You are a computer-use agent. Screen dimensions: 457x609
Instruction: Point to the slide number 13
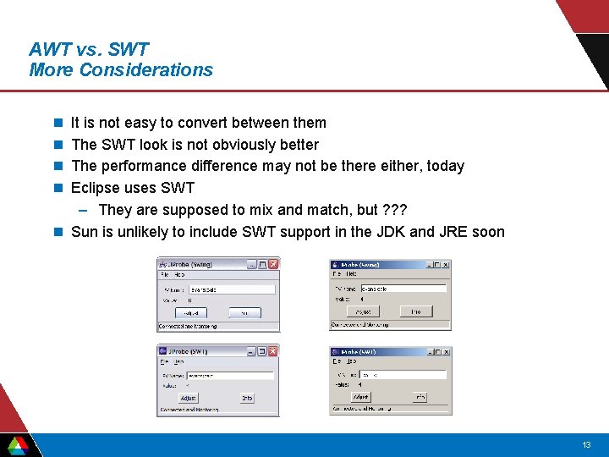[586, 445]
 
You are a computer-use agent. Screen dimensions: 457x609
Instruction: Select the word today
[445, 166]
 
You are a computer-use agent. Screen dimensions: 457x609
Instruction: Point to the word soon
[489, 232]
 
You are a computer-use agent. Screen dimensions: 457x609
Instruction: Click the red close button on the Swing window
[273, 264]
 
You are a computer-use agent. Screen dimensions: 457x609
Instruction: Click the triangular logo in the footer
[18, 445]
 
